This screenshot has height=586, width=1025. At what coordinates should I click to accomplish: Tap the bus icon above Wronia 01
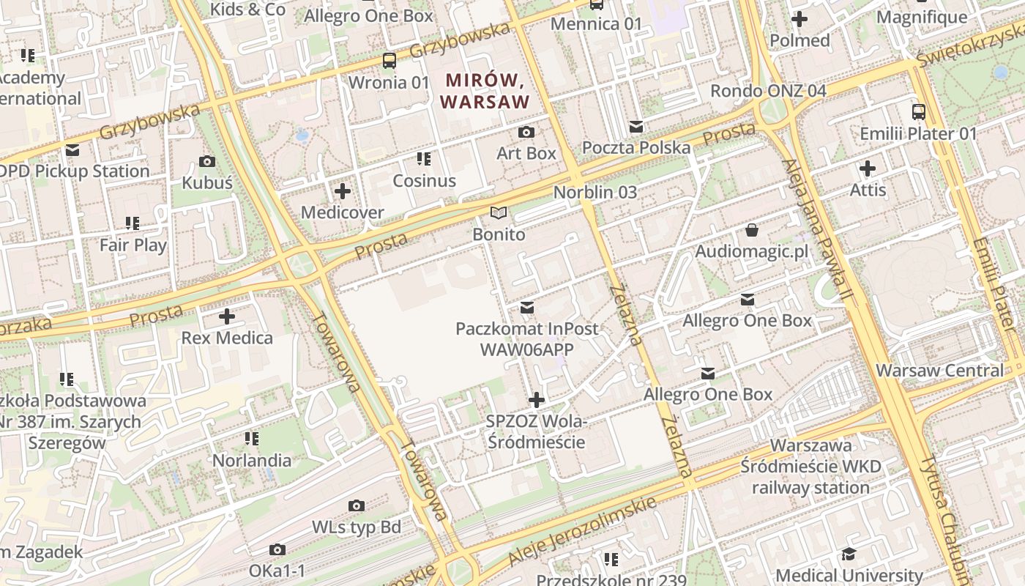click(389, 61)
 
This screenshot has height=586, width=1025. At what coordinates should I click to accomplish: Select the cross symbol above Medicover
click(342, 192)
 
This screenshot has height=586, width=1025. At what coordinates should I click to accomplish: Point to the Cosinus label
click(424, 180)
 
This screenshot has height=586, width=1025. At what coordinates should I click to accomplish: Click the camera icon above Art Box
click(526, 133)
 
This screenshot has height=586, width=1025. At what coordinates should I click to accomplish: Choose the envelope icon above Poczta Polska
click(635, 127)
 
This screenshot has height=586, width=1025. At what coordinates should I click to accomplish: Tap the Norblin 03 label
click(594, 192)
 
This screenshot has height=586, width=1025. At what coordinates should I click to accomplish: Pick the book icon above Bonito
click(499, 213)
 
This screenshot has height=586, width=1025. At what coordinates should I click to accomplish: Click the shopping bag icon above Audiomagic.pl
click(751, 231)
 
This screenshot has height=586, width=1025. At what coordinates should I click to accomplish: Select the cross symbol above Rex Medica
click(227, 317)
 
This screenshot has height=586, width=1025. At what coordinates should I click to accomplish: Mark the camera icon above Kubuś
click(207, 162)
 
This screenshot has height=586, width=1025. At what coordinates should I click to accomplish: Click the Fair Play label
click(133, 245)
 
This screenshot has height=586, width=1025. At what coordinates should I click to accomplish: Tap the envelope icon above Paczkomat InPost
click(526, 307)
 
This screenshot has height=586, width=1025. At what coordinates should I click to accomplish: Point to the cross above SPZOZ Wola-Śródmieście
click(537, 400)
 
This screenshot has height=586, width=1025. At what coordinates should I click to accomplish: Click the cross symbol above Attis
click(868, 169)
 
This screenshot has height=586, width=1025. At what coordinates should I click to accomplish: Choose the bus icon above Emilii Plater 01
click(918, 112)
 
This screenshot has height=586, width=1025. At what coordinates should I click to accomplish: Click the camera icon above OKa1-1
click(277, 549)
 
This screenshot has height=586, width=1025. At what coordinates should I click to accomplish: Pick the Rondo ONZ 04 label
click(768, 91)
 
